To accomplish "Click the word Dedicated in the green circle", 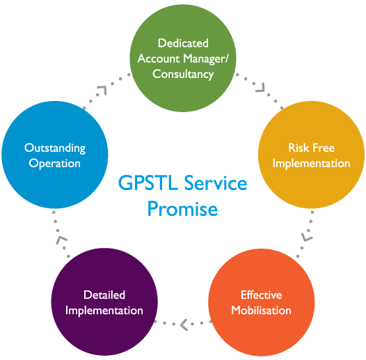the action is tap(183, 43).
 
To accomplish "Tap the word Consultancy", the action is tap(183, 75).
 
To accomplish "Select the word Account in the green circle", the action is tap(159, 58).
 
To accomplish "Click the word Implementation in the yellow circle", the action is tap(312, 164).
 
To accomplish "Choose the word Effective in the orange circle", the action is tap(262, 295).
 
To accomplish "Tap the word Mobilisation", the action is tap(261, 311).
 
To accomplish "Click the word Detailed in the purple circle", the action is tap(104, 295).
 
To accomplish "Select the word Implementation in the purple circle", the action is tap(104, 311).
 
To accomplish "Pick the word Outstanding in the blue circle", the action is tap(55, 148).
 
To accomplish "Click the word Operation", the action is tap(54, 164).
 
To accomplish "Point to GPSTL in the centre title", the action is tap(148, 182).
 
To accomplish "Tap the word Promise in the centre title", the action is tap(182, 209).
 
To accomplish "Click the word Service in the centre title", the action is tap(216, 182).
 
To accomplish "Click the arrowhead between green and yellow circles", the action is tap(262, 88).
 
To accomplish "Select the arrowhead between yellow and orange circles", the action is tap(306, 237).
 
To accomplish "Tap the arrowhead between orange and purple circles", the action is tap(184, 324).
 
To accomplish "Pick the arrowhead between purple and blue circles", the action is tap(61, 240).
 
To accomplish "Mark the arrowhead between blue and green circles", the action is tap(103, 90).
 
